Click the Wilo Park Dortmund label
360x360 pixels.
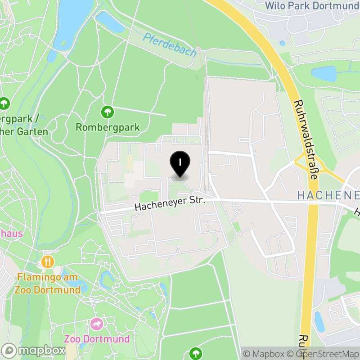pos(312,6)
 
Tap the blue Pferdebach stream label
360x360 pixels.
pos(170,45)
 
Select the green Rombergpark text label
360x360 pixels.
pos(108,127)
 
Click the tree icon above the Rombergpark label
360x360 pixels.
pos(107,111)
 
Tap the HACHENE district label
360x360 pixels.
pos(328,195)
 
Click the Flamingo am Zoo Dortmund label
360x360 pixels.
pos(48,283)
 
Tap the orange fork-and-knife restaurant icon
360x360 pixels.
pos(48,261)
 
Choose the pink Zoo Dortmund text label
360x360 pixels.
pos(97,339)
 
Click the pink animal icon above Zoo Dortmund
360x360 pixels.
pos(97,324)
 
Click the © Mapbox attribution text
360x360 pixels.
pos(264,354)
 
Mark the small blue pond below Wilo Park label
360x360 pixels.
pos(282,43)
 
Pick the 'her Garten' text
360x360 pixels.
pos(24,131)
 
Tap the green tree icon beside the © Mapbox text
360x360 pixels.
pos(195,353)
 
